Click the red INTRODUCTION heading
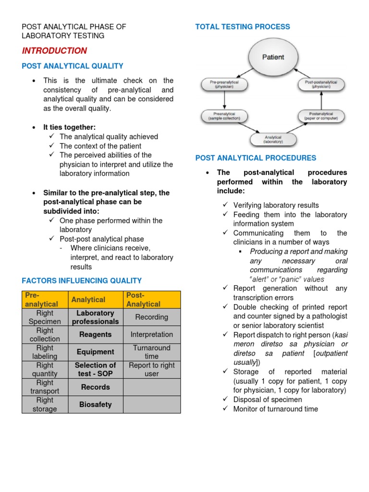click(54, 51)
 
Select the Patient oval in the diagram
click(272, 57)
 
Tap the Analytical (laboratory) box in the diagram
click(273, 139)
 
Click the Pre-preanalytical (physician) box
click(224, 85)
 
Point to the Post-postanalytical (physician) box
click(321, 85)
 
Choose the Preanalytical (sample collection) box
click(224, 116)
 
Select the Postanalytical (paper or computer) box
click(321, 116)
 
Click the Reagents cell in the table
click(96, 334)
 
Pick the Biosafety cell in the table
click(96, 405)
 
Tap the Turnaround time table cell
click(151, 352)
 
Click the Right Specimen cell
click(45, 317)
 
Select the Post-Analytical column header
click(151, 299)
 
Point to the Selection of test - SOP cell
click(96, 369)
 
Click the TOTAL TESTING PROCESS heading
click(243, 27)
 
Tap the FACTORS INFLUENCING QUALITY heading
click(82, 281)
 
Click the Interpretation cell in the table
click(151, 334)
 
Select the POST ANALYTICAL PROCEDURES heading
click(256, 158)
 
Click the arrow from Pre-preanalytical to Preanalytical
click(224, 100)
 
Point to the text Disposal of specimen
click(268, 400)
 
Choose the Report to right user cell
click(151, 369)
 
